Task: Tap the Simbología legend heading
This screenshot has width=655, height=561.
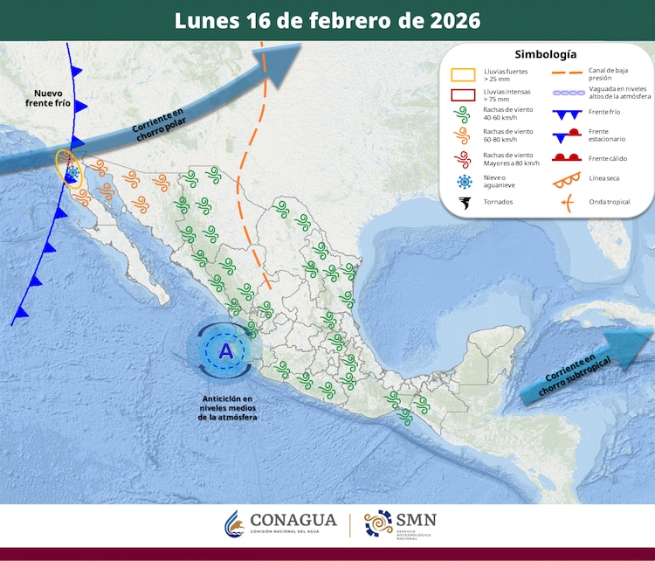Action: pyautogui.click(x=545, y=54)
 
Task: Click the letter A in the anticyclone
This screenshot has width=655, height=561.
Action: pyautogui.click(x=226, y=352)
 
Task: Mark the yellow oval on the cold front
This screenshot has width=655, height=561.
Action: pyautogui.click(x=67, y=168)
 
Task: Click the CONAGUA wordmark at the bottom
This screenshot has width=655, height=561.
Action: pyautogui.click(x=293, y=520)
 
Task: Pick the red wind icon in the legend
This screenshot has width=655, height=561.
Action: pyautogui.click(x=464, y=159)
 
